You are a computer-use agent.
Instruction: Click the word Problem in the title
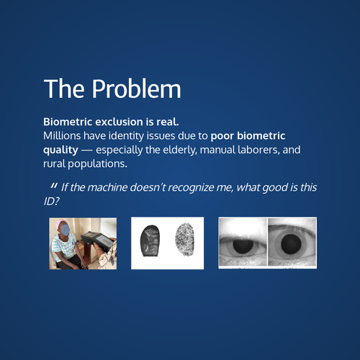click(136, 89)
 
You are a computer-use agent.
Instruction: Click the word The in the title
click(64, 89)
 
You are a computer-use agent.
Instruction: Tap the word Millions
click(62, 136)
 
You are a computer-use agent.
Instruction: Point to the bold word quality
click(60, 150)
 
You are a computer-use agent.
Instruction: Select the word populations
click(97, 164)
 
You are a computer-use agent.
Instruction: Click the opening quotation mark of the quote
click(54, 186)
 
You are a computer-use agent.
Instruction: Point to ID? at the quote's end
click(51, 202)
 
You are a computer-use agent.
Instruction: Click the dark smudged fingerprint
click(149, 240)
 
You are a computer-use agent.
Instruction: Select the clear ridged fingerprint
click(184, 240)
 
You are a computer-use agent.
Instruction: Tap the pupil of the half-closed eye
click(243, 246)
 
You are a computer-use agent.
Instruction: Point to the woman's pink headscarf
click(60, 224)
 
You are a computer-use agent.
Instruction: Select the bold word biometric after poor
click(261, 136)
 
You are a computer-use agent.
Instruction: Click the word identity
click(126, 136)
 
